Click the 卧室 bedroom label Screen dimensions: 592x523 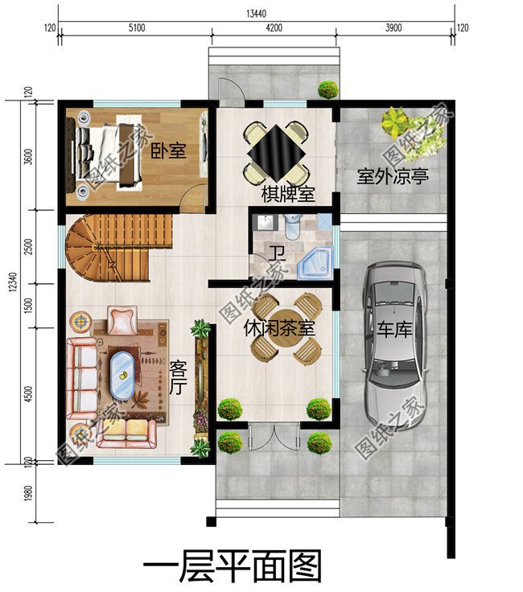(169, 150)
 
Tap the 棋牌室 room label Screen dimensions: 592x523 (287, 194)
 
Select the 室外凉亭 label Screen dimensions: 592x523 (392, 176)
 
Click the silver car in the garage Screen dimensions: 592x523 (393, 343)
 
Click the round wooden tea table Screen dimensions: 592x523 (286, 330)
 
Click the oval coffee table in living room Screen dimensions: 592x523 (123, 375)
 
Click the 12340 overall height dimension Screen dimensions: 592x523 (12, 282)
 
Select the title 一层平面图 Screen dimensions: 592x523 (231, 566)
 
